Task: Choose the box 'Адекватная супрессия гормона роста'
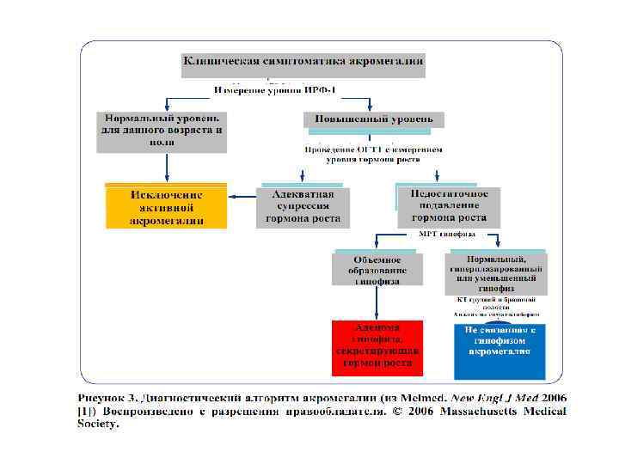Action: (303, 207)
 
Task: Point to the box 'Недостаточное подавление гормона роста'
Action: (448, 206)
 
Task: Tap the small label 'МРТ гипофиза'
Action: (447, 233)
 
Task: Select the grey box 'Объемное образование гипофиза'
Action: (377, 270)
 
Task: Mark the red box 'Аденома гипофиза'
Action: (377, 347)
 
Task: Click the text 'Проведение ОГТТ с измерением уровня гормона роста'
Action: (374, 154)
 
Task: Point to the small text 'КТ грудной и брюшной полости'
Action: (496, 302)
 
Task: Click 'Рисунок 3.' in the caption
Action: (107, 399)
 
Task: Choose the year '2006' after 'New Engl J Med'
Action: (549, 399)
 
